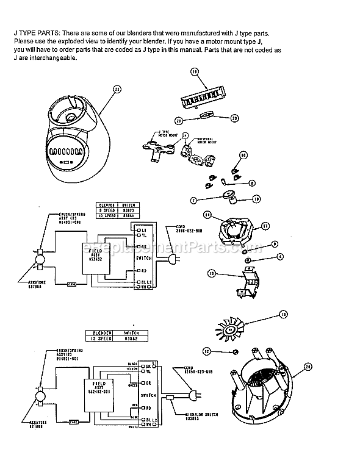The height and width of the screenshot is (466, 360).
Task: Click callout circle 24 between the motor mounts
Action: pos(185,135)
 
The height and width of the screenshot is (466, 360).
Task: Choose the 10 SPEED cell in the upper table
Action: pos(108,215)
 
